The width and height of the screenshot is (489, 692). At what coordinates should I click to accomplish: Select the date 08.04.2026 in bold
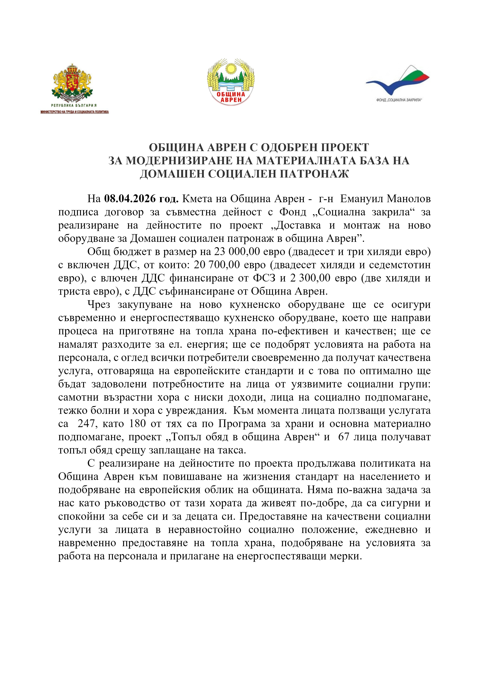click(x=141, y=199)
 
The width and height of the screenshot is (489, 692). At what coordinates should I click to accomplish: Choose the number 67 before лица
click(x=343, y=437)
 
